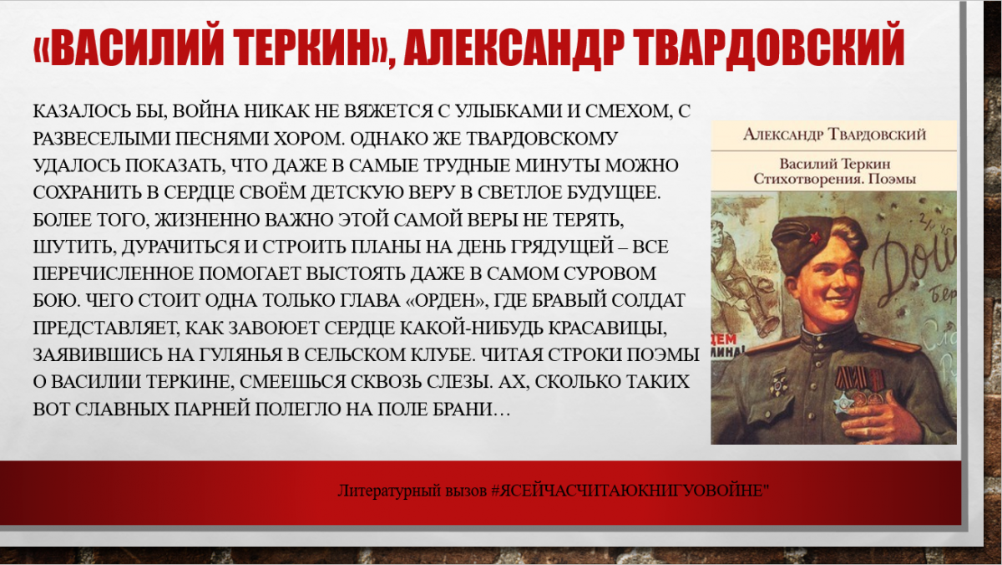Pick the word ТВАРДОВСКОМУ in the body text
541,139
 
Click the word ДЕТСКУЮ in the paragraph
359,192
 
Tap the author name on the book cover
834,135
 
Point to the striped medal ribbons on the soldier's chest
860,379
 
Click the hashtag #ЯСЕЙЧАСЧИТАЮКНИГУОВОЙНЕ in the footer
630,491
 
